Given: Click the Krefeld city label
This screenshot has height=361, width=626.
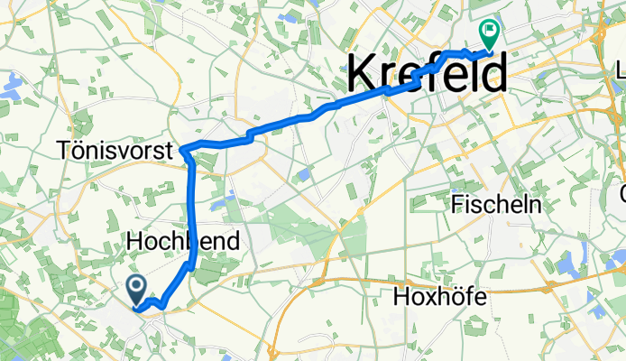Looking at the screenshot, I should pyautogui.click(x=427, y=71).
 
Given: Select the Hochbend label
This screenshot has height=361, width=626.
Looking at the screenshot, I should pyautogui.click(x=184, y=242).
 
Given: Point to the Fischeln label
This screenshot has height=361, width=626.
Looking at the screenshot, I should pyautogui.click(x=495, y=204).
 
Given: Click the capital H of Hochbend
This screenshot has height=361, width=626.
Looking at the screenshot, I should pyautogui.click(x=134, y=242).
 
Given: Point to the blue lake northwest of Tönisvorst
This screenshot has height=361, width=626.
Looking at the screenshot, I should pyautogui.click(x=12, y=87).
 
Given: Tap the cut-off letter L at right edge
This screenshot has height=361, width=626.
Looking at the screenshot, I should pyautogui.click(x=621, y=70).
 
